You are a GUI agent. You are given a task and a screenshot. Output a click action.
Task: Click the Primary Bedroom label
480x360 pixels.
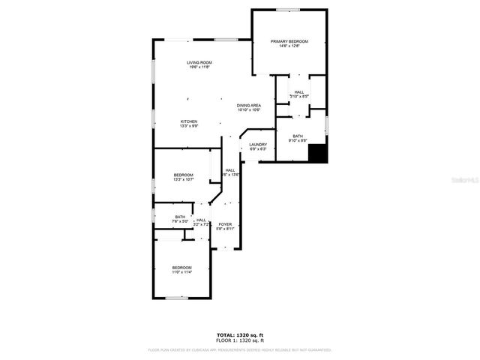coord(289,41)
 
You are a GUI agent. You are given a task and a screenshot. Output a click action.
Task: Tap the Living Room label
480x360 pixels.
coord(199,62)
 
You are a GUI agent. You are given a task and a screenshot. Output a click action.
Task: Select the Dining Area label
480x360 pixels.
coord(249,105)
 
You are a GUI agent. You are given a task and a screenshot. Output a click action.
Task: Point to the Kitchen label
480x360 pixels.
coord(188,121)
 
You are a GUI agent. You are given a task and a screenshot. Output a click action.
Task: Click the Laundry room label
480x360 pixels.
coord(259,144)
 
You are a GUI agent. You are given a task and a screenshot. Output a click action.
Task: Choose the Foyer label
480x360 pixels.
coord(225,224)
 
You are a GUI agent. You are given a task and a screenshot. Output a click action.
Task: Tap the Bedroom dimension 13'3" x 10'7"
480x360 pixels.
coord(184,180)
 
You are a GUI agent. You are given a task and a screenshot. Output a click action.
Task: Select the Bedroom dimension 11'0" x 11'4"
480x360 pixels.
coord(181,272)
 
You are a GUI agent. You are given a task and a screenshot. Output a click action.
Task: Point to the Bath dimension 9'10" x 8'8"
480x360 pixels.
coord(298,140)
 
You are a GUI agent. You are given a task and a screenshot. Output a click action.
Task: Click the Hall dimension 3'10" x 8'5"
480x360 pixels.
coord(298,96)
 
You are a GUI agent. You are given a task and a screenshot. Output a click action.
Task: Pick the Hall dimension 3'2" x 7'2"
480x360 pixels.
coord(201,224)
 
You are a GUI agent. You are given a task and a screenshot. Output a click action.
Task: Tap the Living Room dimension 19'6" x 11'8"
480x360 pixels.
coord(199,67)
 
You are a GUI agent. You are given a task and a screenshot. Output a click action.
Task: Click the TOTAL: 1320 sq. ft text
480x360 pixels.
coord(240,335)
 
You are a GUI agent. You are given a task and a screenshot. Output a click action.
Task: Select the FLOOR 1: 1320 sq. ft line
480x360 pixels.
coord(240,340)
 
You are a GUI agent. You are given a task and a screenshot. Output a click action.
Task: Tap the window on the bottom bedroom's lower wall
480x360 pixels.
coord(176,298)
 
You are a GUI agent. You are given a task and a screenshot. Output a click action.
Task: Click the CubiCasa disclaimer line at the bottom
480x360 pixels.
coord(240,349)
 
